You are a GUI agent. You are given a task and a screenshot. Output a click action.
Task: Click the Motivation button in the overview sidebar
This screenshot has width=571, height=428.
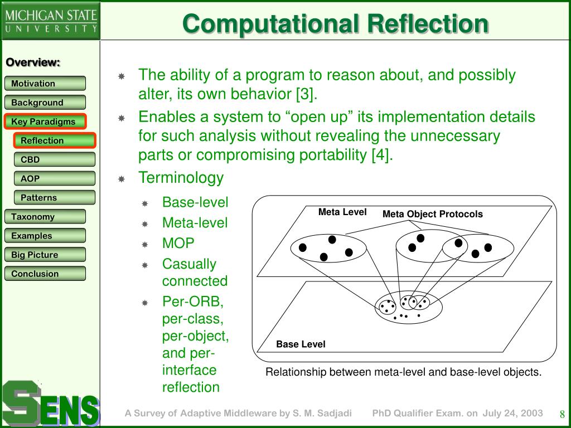click(x=45, y=84)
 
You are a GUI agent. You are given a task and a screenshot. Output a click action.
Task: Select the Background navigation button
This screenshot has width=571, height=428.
click(x=45, y=103)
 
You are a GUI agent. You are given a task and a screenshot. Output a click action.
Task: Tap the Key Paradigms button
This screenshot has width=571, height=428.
click(x=45, y=121)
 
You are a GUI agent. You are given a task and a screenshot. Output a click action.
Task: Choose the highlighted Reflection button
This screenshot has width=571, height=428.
click(x=55, y=140)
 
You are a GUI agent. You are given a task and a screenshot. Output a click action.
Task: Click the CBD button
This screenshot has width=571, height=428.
click(x=55, y=159)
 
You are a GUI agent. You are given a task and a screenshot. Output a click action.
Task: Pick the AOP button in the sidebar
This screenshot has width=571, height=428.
click(x=55, y=178)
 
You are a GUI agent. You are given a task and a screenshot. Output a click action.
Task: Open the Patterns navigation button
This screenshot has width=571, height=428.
click(x=55, y=197)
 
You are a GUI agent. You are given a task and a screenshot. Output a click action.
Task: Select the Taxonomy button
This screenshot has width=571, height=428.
click(x=45, y=217)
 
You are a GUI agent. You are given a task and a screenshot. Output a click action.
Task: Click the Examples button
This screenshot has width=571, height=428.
click(x=45, y=236)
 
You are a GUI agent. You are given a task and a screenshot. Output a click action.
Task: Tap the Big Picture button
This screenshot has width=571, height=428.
click(x=45, y=255)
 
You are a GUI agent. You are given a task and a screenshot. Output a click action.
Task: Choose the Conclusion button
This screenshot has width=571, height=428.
click(x=45, y=274)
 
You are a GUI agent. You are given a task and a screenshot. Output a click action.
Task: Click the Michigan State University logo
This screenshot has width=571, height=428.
click(x=51, y=21)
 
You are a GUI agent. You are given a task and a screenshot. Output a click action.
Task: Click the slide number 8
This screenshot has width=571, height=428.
click(x=563, y=414)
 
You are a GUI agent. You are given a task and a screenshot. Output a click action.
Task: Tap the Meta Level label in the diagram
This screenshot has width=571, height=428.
click(x=342, y=212)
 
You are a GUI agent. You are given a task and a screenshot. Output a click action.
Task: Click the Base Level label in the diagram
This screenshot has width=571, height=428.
click(x=301, y=344)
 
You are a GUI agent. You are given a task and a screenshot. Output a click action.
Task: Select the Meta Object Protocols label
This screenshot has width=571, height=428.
click(x=433, y=214)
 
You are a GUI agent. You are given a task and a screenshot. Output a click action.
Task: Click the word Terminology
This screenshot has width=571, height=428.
click(x=181, y=178)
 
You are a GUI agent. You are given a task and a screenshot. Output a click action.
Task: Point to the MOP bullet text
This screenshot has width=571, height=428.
click(x=178, y=244)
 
